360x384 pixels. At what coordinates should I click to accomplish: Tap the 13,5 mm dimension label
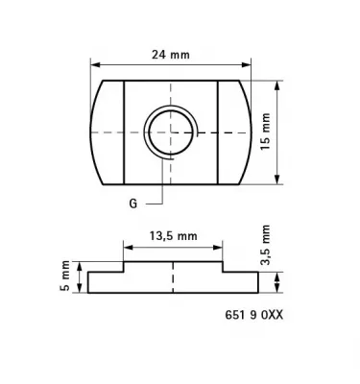tap(174, 234)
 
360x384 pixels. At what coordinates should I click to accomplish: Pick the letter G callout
tap(133, 204)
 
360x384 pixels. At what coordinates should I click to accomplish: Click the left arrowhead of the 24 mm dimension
tap(93, 64)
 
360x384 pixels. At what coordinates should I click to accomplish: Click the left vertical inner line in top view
tap(124, 132)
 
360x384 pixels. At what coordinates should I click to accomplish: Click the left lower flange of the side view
tap(106, 282)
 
